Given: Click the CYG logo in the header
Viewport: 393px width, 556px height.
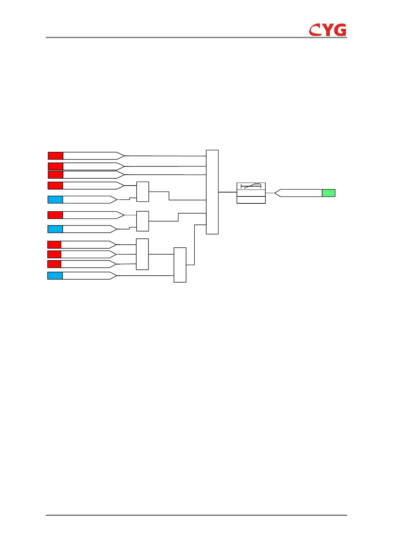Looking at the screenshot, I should (328, 30).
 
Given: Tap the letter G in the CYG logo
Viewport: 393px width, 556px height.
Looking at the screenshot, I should (340, 30).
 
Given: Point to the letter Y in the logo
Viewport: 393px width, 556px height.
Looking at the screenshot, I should (327, 30).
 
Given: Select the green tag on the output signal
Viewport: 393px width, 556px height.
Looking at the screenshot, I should (328, 193).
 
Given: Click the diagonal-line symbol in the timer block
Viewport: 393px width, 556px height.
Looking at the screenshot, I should (251, 186).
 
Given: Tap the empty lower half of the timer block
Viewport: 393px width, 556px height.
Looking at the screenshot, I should (251, 200).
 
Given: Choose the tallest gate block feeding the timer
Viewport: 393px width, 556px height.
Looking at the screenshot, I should (212, 192).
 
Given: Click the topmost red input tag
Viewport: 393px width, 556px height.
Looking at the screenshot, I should (55, 156).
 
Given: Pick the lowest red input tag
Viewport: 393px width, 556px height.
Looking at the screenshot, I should (54, 264).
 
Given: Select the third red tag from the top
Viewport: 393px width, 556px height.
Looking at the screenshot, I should (55, 175).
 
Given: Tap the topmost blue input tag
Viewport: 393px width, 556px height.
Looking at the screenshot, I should (55, 199).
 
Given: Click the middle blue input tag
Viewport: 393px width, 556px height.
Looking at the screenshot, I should (55, 229).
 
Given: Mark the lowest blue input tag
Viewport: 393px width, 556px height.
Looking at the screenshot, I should (55, 275).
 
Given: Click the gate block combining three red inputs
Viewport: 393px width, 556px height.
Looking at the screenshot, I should (142, 254).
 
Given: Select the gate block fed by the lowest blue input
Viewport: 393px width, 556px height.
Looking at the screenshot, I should (180, 265).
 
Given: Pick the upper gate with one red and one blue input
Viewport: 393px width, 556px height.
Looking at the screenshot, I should (143, 191).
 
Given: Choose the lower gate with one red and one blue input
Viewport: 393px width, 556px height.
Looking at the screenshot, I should (143, 221).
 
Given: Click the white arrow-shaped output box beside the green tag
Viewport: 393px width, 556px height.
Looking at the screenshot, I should (299, 193).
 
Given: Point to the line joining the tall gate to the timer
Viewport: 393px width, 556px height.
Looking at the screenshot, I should (228, 192).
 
